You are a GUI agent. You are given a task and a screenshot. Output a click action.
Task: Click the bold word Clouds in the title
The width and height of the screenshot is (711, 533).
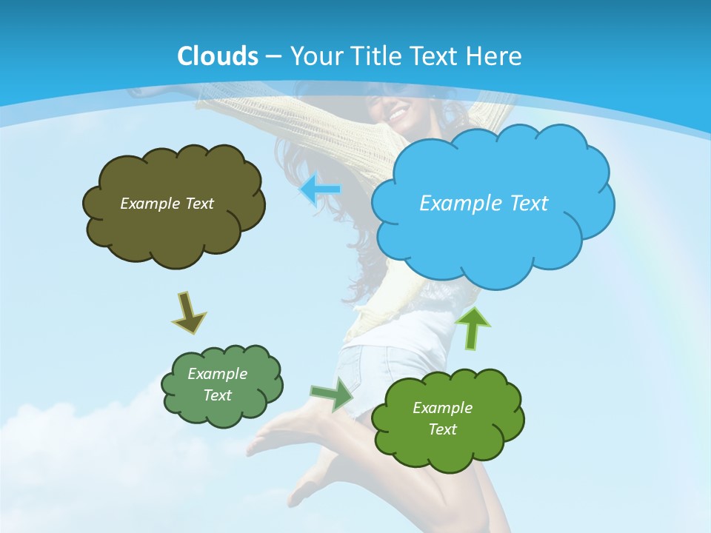click(218, 56)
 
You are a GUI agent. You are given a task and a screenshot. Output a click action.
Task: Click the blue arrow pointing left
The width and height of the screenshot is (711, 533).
click(320, 190)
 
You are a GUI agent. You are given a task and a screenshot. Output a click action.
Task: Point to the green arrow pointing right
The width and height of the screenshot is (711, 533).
click(333, 394)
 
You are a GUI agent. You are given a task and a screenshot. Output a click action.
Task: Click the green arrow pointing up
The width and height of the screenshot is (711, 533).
click(472, 327)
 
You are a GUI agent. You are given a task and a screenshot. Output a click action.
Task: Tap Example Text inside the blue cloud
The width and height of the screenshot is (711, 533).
click(484, 204)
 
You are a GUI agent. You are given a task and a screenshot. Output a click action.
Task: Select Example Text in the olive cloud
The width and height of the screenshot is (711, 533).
click(167, 204)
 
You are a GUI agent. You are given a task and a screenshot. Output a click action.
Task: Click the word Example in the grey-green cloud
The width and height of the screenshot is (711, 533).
click(217, 374)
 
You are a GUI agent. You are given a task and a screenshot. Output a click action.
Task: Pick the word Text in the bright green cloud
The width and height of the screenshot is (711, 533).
click(442, 429)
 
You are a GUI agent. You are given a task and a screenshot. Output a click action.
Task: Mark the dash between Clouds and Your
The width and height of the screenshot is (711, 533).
click(273, 57)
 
